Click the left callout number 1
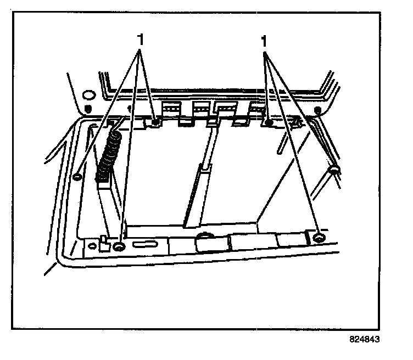coord(141,40)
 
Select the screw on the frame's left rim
coord(77,176)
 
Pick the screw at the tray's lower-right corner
coord(320,238)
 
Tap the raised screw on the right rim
coord(333,170)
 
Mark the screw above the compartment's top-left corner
coord(156,122)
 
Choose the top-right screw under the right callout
coord(269,124)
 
